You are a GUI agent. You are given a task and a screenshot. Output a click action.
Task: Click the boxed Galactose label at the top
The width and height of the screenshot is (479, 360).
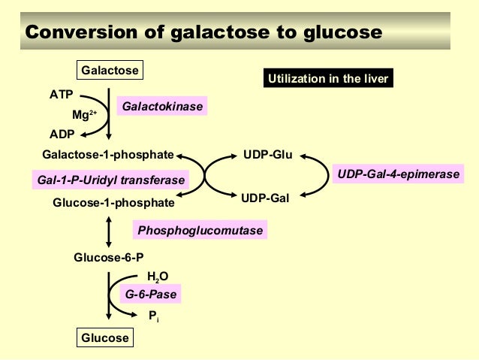[x=110, y=70]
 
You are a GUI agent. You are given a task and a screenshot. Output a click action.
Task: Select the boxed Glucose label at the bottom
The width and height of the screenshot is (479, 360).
[x=104, y=337]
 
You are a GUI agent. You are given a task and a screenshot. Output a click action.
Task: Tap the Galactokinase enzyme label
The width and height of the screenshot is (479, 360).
[x=163, y=107]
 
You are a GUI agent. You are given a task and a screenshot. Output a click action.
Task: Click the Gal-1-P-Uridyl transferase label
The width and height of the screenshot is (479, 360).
[x=110, y=180]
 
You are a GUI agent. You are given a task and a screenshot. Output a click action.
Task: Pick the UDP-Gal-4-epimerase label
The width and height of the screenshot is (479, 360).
[x=398, y=174]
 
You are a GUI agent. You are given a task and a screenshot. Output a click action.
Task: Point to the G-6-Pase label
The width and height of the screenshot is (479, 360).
[x=151, y=295]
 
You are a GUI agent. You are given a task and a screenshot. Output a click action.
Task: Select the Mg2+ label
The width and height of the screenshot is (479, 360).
[x=83, y=115]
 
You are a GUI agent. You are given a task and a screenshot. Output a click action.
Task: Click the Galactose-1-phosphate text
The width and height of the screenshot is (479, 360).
[x=108, y=156]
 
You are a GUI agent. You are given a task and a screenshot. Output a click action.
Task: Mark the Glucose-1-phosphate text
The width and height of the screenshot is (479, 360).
[x=113, y=202]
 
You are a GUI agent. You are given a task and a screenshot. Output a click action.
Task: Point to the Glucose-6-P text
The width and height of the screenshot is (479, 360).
[x=108, y=257]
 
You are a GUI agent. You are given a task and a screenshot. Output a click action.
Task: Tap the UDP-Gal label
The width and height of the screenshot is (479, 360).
[x=265, y=198]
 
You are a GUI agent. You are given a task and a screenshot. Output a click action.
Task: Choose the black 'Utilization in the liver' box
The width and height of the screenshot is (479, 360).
[x=328, y=78]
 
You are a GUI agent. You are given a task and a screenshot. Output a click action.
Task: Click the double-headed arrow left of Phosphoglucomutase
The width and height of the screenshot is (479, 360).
[x=110, y=231]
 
